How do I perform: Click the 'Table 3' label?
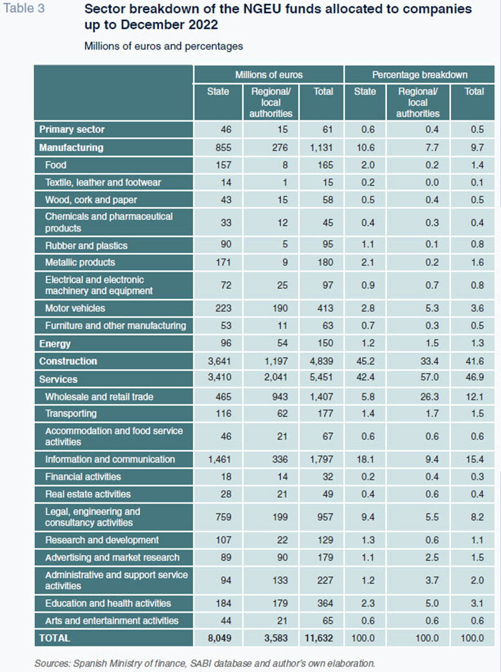pyautogui.click(x=24, y=9)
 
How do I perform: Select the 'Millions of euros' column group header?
pyautogui.click(x=268, y=75)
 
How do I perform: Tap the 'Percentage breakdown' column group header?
pyautogui.click(x=419, y=75)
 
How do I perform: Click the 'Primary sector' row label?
pyautogui.click(x=72, y=130)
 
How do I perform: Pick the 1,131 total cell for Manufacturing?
pyautogui.click(x=321, y=147)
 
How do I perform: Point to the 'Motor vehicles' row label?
pyautogui.click(x=75, y=308)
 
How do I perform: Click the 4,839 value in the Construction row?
pyautogui.click(x=321, y=361)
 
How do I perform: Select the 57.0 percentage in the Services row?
pyautogui.click(x=429, y=377)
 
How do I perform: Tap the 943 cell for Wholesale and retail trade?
pyautogui.click(x=280, y=397)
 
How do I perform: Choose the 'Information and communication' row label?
pyautogui.click(x=110, y=459)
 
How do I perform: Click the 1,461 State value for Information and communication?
pyautogui.click(x=220, y=459)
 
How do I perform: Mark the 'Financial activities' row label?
pyautogui.click(x=83, y=477)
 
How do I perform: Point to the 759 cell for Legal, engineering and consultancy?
pyautogui.click(x=223, y=517)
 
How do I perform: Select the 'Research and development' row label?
pyautogui.click(x=102, y=540)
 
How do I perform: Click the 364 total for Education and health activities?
pyautogui.click(x=325, y=603)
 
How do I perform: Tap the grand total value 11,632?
pyautogui.click(x=318, y=638)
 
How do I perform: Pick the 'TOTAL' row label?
pyautogui.click(x=54, y=638)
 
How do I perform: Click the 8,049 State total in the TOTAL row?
pyautogui.click(x=220, y=638)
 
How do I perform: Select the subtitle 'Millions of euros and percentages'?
pyautogui.click(x=163, y=46)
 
